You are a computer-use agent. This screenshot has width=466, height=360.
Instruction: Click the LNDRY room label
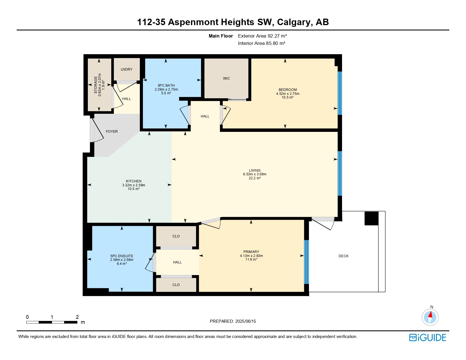126,69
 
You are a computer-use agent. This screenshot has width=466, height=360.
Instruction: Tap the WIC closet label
226,78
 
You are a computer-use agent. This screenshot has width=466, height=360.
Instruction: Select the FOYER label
112,132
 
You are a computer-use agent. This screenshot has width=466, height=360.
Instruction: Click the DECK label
343,256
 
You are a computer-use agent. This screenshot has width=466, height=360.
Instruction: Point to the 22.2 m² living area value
254,178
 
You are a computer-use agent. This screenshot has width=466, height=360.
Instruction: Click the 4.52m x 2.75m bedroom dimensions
288,94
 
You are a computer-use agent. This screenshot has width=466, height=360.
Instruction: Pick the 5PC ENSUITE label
122,256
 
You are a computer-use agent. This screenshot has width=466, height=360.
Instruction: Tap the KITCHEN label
134,181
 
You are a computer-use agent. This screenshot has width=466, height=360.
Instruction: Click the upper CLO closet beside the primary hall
176,236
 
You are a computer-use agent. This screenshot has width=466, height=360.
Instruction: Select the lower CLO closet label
176,285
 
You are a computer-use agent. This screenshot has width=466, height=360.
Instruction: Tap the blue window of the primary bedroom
306,262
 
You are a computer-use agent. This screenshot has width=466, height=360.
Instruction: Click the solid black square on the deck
371,218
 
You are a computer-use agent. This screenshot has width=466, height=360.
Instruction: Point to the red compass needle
430,315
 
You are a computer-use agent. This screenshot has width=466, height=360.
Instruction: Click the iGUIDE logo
427,338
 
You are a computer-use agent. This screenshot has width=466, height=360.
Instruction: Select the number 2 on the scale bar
77,317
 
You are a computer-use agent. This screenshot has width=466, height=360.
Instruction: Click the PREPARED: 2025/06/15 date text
233,321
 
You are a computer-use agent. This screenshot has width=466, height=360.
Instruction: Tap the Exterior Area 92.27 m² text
262,36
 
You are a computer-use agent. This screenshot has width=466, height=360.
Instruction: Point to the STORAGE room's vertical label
96,85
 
